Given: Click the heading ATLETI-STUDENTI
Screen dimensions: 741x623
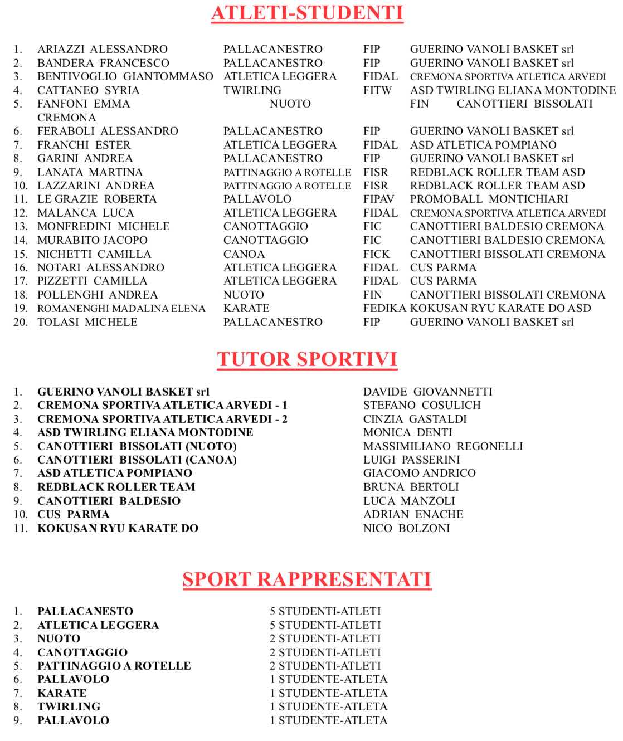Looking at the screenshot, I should pos(307,13).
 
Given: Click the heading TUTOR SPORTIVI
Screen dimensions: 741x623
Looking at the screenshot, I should pos(307,359).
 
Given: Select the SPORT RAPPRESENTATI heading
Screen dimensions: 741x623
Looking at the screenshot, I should pos(307,579).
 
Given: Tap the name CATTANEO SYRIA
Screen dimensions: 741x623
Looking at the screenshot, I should pos(88,90).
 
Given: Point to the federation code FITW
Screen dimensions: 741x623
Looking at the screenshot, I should pos(377,90).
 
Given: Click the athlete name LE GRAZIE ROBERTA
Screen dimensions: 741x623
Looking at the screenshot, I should pos(97,199).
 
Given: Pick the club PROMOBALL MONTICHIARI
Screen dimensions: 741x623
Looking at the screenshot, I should pos(489,199).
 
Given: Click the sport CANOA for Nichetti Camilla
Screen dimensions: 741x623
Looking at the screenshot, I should pos(244,254).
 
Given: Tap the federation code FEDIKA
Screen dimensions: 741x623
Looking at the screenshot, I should pos(384,308).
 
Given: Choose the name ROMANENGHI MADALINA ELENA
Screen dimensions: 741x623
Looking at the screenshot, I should pos(121,309).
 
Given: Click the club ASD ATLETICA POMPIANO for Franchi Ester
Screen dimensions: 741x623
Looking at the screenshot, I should pos(483,145).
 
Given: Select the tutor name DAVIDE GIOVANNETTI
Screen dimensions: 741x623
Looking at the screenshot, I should pos(427,392).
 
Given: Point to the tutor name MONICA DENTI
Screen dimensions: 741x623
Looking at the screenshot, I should pos(407,432).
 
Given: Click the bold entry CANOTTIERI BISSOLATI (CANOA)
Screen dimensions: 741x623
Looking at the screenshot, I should pos(137,460).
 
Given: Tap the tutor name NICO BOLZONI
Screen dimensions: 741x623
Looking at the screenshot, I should pos(406,528).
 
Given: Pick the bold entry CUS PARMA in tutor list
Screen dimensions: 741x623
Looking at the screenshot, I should pos(73,514).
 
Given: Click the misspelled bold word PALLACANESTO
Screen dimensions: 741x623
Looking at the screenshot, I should pos(85,611).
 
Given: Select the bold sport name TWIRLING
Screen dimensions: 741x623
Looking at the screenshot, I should pos(69,706).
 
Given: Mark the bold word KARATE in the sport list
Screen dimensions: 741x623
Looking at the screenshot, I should pos(62,693).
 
